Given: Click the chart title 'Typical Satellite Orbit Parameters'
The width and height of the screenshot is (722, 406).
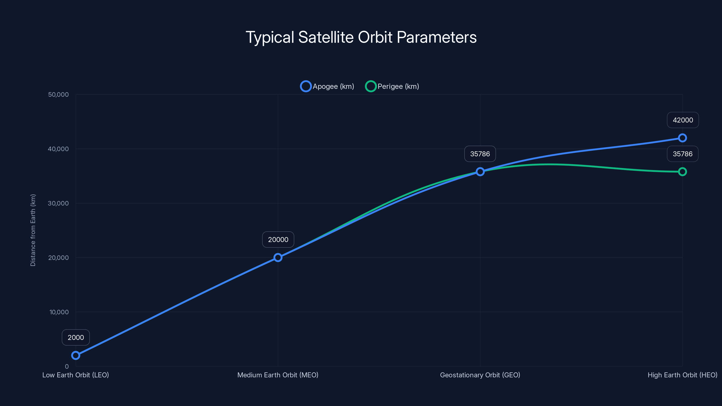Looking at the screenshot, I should tap(361, 37).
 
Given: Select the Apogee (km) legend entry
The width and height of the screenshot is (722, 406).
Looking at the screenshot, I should tap(327, 86).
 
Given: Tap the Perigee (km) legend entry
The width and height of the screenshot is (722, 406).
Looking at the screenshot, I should tap(392, 86).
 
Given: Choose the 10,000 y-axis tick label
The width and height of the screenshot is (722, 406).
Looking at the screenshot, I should tap(59, 312).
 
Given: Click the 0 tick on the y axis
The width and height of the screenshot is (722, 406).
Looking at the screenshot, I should tap(67, 367).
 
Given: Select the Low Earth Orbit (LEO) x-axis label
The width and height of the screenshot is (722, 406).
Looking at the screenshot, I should tap(75, 375).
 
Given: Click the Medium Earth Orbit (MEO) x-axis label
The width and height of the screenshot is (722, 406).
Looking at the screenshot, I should tap(278, 375).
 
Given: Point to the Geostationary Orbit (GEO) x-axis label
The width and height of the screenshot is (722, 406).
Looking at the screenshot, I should tap(480, 375).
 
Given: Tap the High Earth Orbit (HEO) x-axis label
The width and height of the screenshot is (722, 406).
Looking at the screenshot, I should tap(682, 375).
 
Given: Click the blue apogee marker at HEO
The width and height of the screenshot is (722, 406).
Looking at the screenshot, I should tap(682, 138).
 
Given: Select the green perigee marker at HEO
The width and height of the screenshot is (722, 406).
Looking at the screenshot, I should tap(682, 172).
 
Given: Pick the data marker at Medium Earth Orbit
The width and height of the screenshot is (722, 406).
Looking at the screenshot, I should tap(278, 258).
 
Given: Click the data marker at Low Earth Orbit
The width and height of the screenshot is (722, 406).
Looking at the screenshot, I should tap(76, 355).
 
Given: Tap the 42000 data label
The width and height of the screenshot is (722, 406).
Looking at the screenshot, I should tap(683, 120).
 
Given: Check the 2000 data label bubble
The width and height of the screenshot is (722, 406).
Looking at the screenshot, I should tap(76, 337).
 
